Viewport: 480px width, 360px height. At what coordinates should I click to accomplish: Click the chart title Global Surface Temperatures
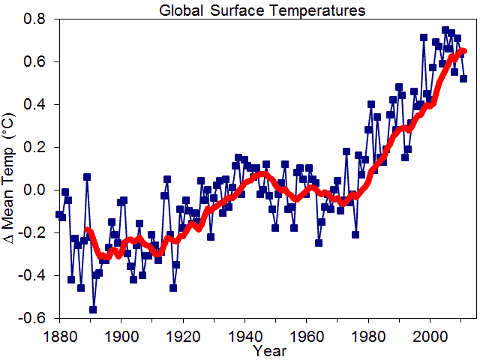click(x=262, y=10)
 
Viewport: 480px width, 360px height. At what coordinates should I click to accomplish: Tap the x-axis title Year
click(x=268, y=350)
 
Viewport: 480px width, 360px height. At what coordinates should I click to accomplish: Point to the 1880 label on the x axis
click(x=59, y=334)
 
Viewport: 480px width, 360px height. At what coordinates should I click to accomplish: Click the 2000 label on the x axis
click(x=430, y=334)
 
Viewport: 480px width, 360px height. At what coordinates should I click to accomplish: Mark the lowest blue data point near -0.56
click(x=93, y=310)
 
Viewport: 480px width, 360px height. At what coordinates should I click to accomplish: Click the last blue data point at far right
click(x=463, y=78)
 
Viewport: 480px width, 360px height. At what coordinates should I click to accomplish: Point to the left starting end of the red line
click(x=87, y=230)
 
